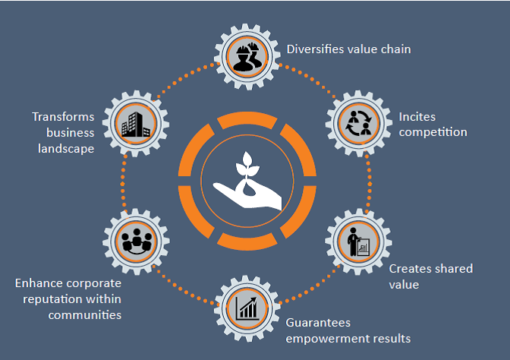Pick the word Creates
[x=411, y=269]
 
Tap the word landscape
[x=66, y=149]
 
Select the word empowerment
[x=324, y=338]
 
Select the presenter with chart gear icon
[x=358, y=242]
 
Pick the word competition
[x=433, y=133]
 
